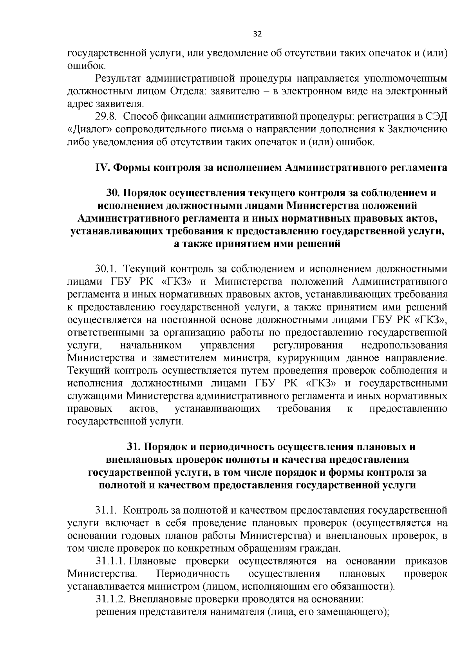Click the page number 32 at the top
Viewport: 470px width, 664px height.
tap(257, 34)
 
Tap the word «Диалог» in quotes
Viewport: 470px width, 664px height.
tap(85, 129)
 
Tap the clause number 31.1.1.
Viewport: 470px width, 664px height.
tap(110, 561)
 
